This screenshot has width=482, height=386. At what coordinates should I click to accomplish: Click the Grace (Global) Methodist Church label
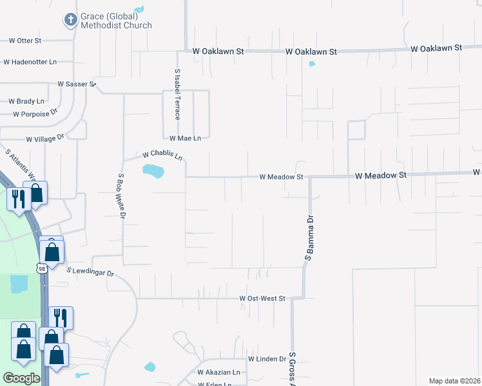tap(117, 21)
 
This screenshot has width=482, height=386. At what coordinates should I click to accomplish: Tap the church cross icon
tap(70, 20)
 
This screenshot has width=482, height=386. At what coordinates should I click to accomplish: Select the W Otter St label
tap(25, 41)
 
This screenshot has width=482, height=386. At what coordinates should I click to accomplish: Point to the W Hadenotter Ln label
tap(30, 62)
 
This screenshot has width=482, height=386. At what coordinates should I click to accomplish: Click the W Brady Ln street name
tap(26, 101)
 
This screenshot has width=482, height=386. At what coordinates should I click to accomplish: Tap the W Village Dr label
tap(46, 138)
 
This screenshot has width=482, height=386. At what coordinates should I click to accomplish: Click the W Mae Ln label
tap(185, 138)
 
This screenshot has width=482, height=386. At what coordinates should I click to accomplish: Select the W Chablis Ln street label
tap(162, 155)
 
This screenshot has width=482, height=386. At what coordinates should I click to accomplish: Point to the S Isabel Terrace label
tap(177, 95)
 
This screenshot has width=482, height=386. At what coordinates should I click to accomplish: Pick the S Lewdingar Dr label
tap(90, 273)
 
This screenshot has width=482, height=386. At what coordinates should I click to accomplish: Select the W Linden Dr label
tap(267, 358)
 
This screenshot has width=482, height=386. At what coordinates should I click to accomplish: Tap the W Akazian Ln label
tap(218, 372)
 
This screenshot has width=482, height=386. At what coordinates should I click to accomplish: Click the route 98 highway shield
tap(42, 269)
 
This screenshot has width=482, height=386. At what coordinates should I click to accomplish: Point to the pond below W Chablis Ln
tap(153, 171)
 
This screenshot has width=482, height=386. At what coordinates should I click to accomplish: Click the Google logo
tap(21, 378)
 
